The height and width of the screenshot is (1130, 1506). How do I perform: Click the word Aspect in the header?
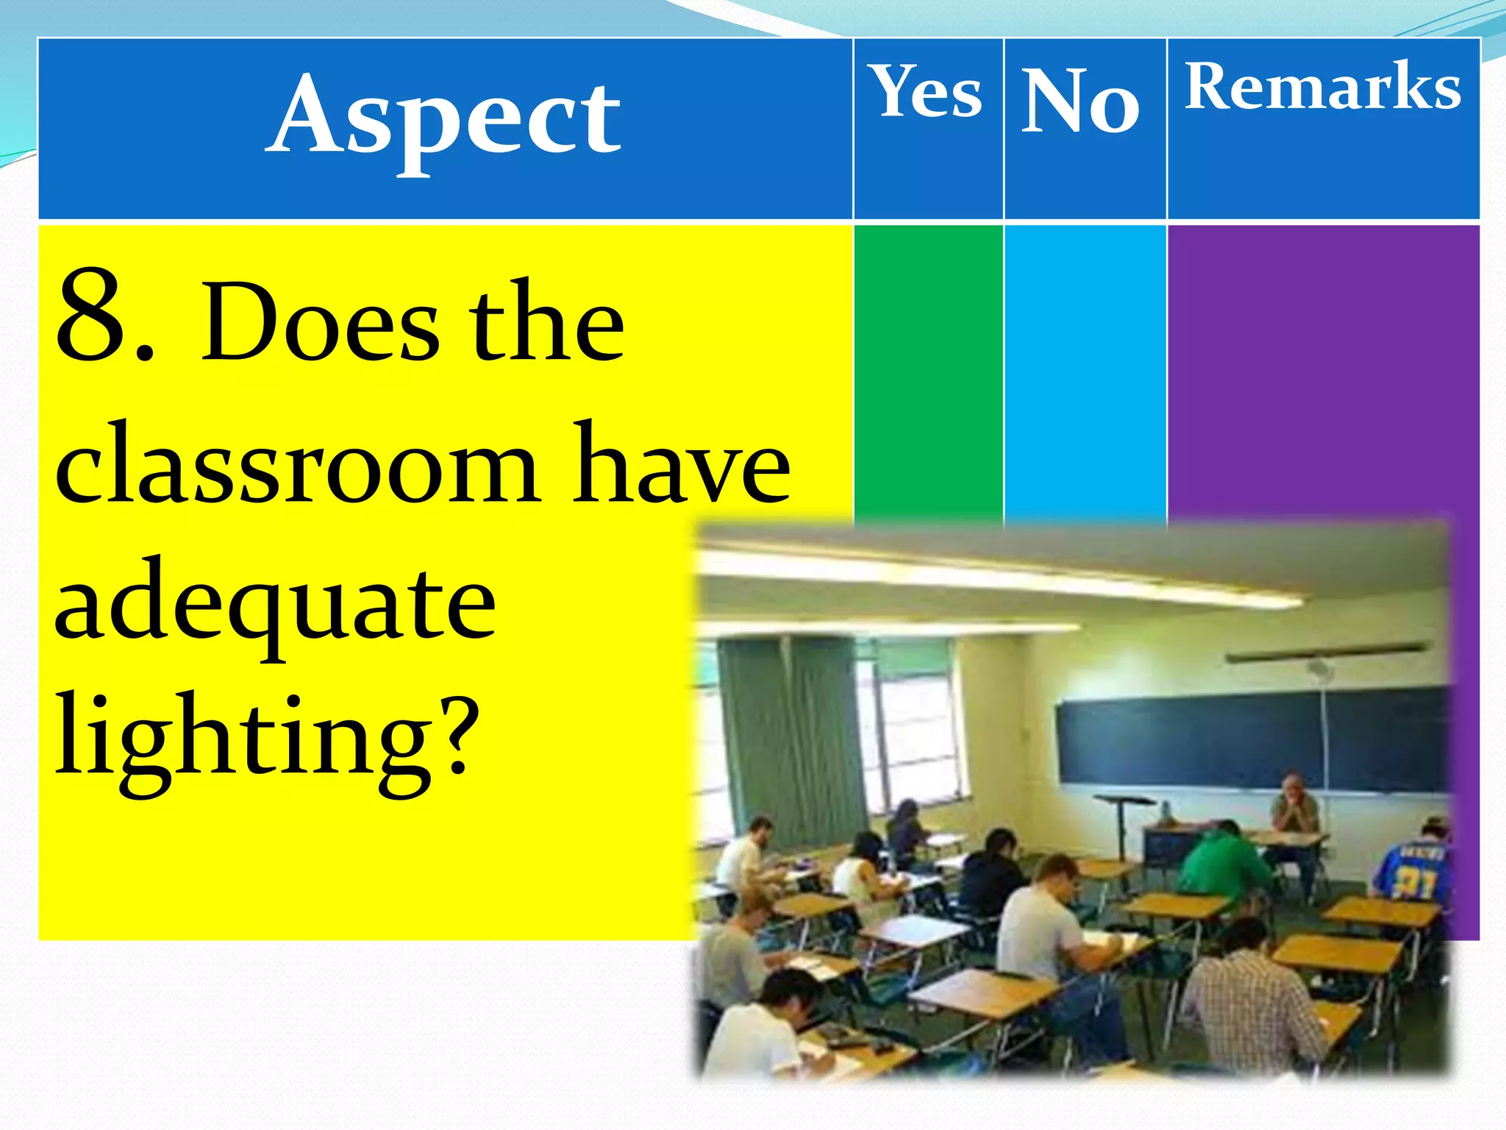[445, 118]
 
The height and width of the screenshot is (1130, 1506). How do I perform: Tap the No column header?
[1081, 101]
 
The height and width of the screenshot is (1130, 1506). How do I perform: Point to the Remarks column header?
[1322, 87]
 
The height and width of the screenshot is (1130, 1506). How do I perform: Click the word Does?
[320, 324]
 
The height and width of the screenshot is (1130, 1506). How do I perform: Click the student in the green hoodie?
[1224, 861]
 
